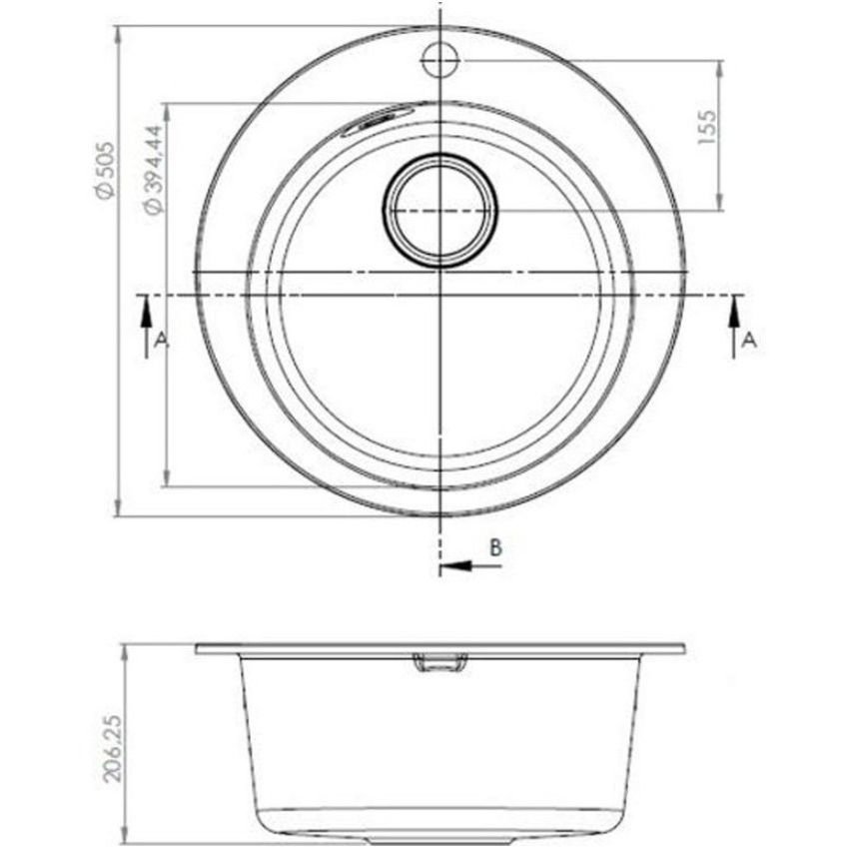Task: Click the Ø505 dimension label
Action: click(x=104, y=170)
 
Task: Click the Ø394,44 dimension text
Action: click(x=152, y=170)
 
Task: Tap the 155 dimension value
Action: click(x=706, y=127)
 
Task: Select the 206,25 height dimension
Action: click(x=113, y=748)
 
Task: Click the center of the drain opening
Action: click(x=440, y=210)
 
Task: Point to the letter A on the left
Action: click(x=161, y=341)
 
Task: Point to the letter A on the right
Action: click(x=750, y=341)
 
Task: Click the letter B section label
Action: click(x=495, y=547)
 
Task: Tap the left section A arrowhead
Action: click(x=146, y=313)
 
